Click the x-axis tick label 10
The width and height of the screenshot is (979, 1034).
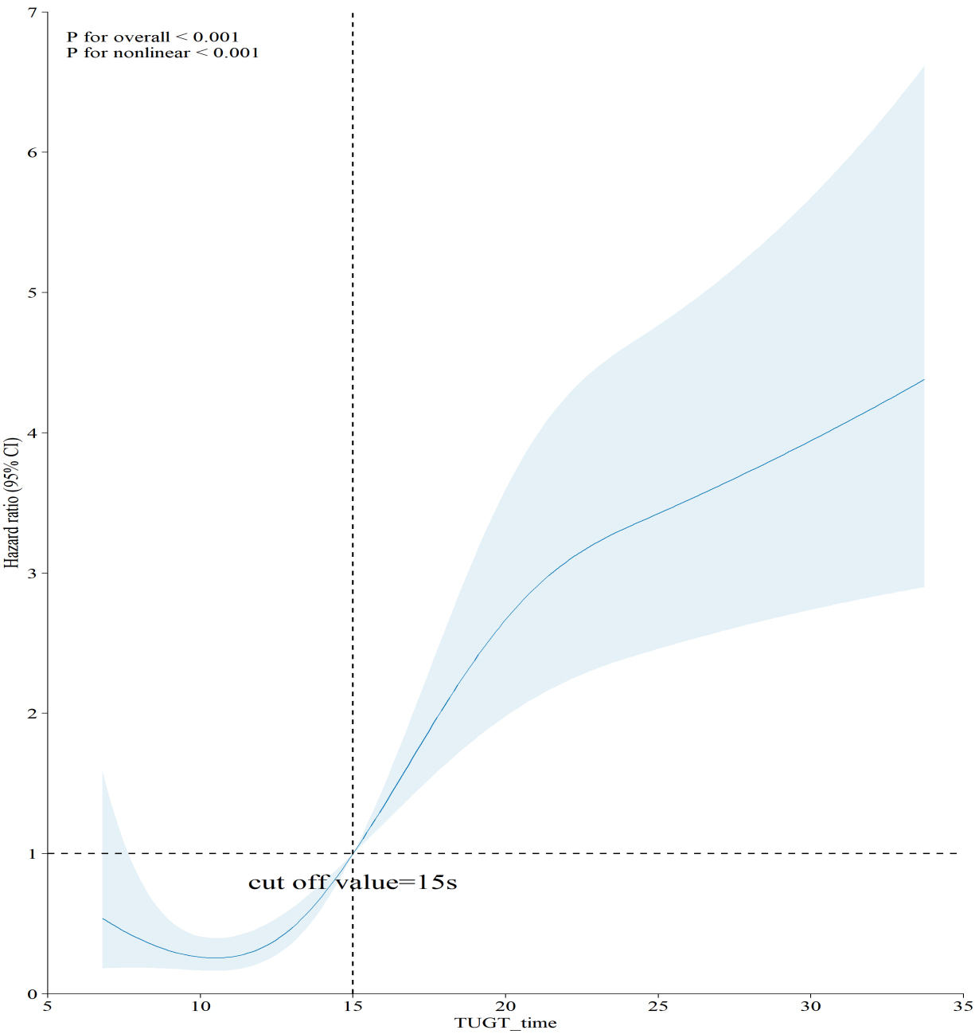pyautogui.click(x=201, y=1006)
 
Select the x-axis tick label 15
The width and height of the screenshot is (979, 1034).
pyautogui.click(x=353, y=1006)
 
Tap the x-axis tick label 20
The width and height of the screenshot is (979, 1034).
pyautogui.click(x=505, y=1006)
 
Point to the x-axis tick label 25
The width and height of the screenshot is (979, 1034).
pyautogui.click(x=657, y=1006)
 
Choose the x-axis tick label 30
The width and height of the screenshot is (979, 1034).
pyautogui.click(x=810, y=1006)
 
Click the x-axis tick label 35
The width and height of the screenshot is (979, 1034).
pyautogui.click(x=962, y=1006)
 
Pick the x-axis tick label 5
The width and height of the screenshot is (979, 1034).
pyautogui.click(x=48, y=1006)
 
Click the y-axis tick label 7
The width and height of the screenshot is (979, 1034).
pyautogui.click(x=33, y=13)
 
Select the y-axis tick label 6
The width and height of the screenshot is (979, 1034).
pyautogui.click(x=33, y=152)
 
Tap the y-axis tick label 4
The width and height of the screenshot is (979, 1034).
pyautogui.click(x=33, y=433)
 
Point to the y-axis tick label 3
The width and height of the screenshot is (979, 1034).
pyautogui.click(x=33, y=573)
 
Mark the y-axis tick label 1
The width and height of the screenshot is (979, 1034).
pyautogui.click(x=33, y=853)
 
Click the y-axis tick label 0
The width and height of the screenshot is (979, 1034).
pyautogui.click(x=33, y=993)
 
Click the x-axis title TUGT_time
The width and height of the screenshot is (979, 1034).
pyautogui.click(x=505, y=1023)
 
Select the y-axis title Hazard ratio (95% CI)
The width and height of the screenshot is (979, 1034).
pyautogui.click(x=12, y=502)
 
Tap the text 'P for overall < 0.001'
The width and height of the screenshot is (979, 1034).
pyautogui.click(x=153, y=37)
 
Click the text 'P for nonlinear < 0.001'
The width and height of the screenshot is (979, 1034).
pyautogui.click(x=162, y=53)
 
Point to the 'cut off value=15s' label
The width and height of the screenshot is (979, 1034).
pyautogui.click(x=353, y=883)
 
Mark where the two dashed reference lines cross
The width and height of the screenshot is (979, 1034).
pyautogui.click(x=353, y=853)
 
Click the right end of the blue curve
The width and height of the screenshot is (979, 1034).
pyautogui.click(x=923, y=380)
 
